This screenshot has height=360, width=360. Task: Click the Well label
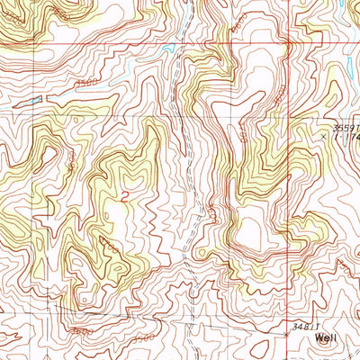click(x=328, y=339)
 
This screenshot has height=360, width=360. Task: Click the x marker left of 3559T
click(x=324, y=133)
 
